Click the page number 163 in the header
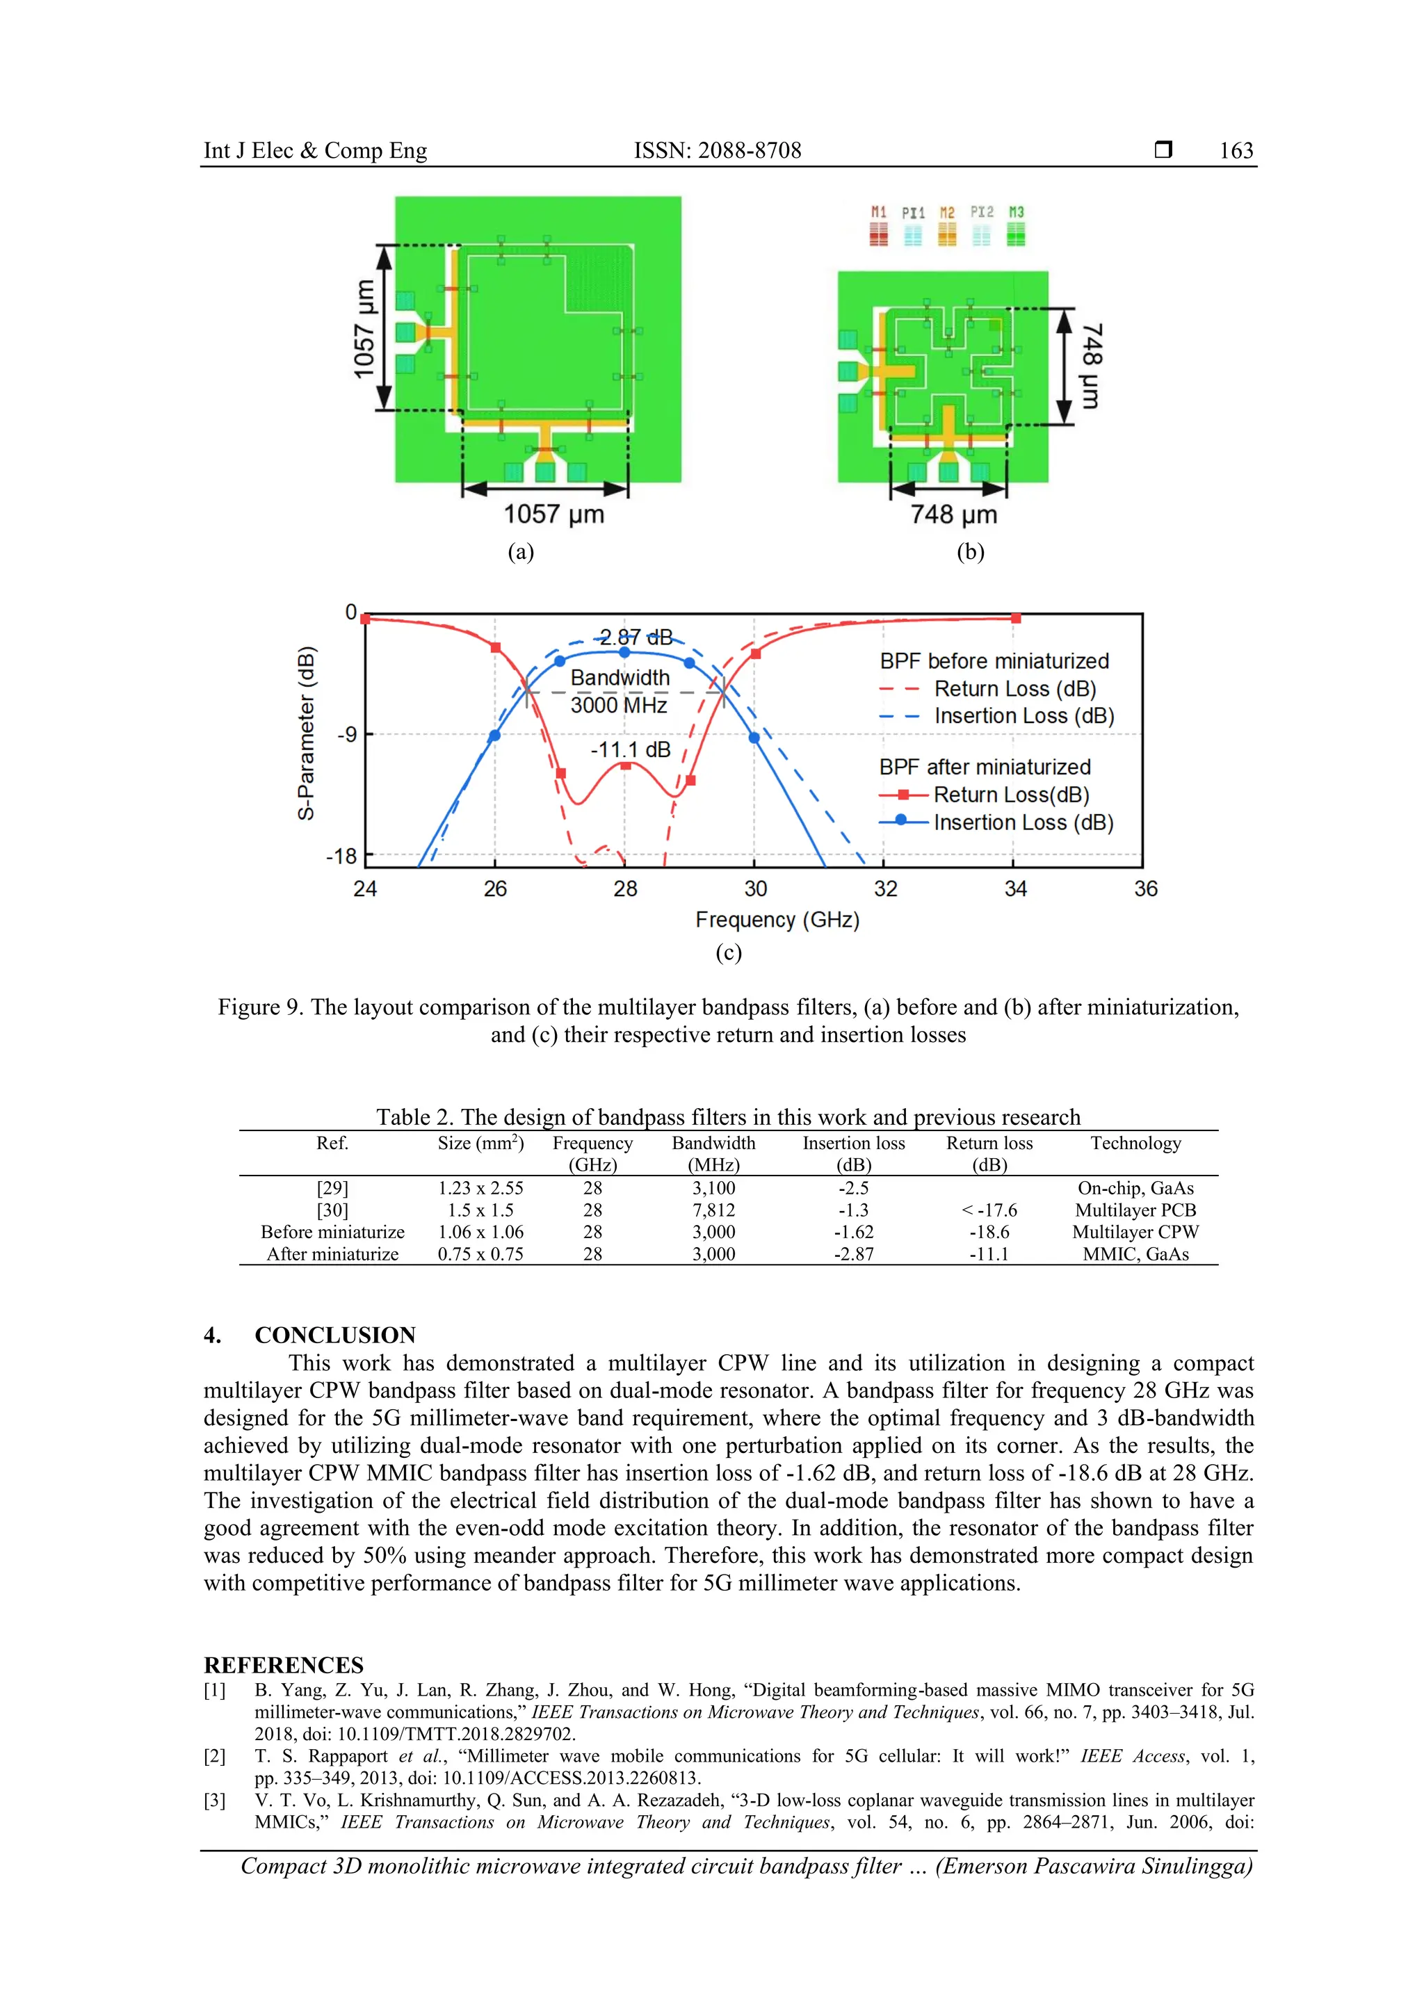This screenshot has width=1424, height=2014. click(1236, 151)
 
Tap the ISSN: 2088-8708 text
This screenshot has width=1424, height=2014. click(717, 151)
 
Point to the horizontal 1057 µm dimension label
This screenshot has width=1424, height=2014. click(553, 514)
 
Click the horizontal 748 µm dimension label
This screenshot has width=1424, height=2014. click(954, 514)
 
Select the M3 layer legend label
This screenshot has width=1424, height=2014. click(1016, 212)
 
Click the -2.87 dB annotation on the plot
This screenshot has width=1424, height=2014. click(636, 637)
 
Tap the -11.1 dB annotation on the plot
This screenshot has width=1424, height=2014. click(630, 750)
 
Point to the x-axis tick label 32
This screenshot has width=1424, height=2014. click(885, 888)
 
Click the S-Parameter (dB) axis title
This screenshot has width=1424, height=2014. click(306, 733)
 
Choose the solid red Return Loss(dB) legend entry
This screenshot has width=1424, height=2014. click(1011, 795)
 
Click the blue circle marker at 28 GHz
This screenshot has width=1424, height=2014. click(624, 653)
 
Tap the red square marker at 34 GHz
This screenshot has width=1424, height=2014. click(1016, 619)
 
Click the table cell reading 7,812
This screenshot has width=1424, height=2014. click(713, 1210)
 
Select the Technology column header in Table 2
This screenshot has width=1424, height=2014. click(1135, 1143)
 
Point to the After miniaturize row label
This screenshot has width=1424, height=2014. click(332, 1253)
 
